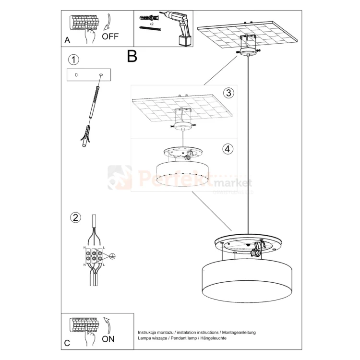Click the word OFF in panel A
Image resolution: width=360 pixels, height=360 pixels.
[110, 36]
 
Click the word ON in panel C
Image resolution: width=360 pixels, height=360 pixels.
[108, 339]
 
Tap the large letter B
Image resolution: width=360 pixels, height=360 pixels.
[132, 57]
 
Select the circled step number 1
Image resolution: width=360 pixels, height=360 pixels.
[73, 60]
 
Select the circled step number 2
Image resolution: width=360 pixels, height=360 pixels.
[75, 217]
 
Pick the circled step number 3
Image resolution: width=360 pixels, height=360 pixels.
[228, 93]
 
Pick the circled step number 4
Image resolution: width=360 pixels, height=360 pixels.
[228, 149]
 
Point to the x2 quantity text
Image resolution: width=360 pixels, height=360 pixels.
[152, 24]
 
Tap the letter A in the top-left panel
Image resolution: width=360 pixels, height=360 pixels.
[67, 40]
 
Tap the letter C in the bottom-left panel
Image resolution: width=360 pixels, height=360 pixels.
[67, 343]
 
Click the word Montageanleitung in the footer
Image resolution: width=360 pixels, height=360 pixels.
[239, 332]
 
